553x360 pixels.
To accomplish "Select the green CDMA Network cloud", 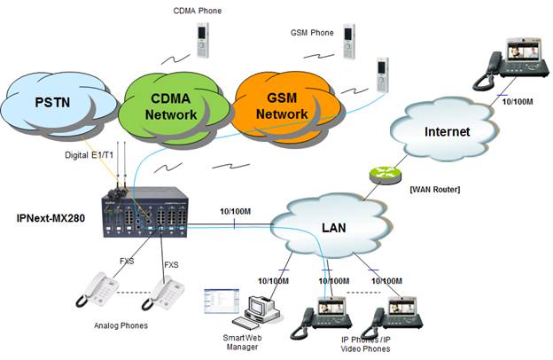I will click(x=171, y=105).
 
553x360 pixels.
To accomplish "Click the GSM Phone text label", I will click(x=312, y=33).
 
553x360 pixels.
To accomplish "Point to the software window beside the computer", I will click(x=219, y=301).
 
